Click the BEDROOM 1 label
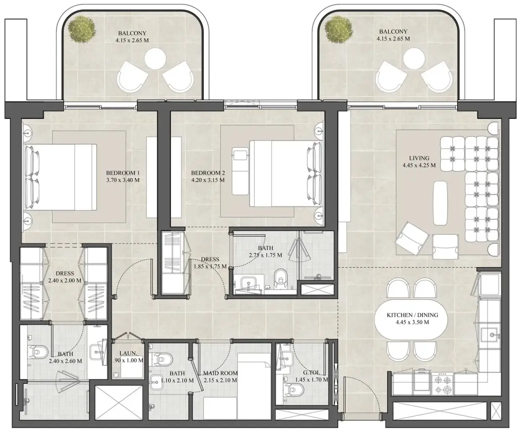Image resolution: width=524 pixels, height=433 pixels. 123,173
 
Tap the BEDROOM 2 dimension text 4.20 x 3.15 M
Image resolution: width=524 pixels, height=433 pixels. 208,180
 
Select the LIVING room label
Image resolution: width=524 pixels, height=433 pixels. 419,158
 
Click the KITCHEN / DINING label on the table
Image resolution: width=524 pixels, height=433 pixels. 412,315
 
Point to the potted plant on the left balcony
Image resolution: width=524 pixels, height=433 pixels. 82,29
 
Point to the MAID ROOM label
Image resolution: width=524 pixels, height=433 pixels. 220,373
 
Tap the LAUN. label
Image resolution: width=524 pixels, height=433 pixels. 128,353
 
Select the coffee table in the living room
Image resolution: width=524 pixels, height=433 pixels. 440,203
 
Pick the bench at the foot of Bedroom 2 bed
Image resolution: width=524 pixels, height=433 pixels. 240,171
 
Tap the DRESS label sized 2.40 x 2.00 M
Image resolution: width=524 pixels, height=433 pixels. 65,273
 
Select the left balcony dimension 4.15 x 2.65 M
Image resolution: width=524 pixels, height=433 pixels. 132,40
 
